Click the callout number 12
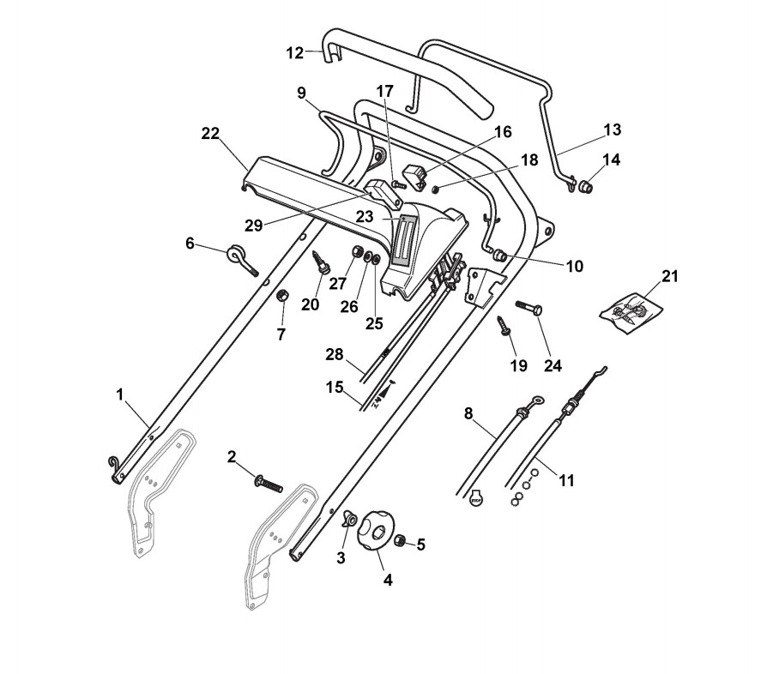click(294, 53)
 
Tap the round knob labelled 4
click(375, 533)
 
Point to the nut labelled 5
click(400, 541)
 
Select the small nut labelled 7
click(281, 295)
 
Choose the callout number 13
click(612, 130)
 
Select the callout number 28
click(334, 355)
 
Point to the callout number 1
click(121, 394)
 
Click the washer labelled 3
click(349, 520)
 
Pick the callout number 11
click(566, 480)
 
